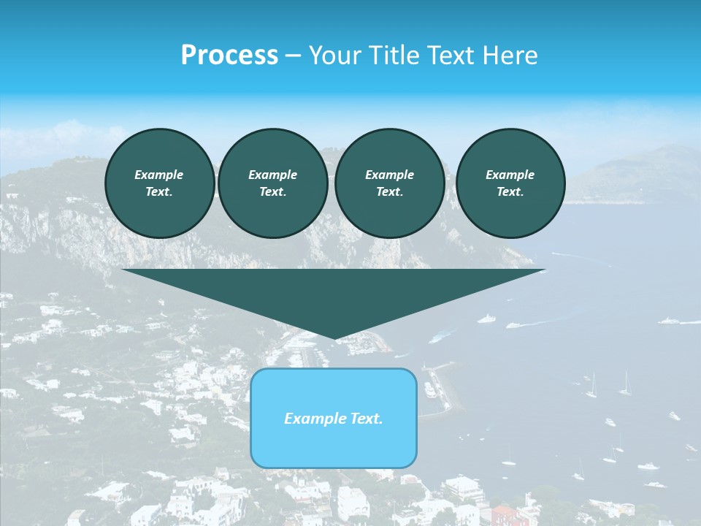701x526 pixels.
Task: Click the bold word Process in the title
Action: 229,56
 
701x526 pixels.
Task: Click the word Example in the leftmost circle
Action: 159,175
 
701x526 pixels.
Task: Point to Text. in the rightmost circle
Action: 510,191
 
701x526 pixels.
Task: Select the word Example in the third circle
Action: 389,175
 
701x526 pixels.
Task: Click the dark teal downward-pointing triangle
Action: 333,292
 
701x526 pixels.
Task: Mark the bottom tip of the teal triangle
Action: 334,338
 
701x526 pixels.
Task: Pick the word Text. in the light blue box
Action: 367,419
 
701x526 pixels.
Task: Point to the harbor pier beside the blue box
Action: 442,387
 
